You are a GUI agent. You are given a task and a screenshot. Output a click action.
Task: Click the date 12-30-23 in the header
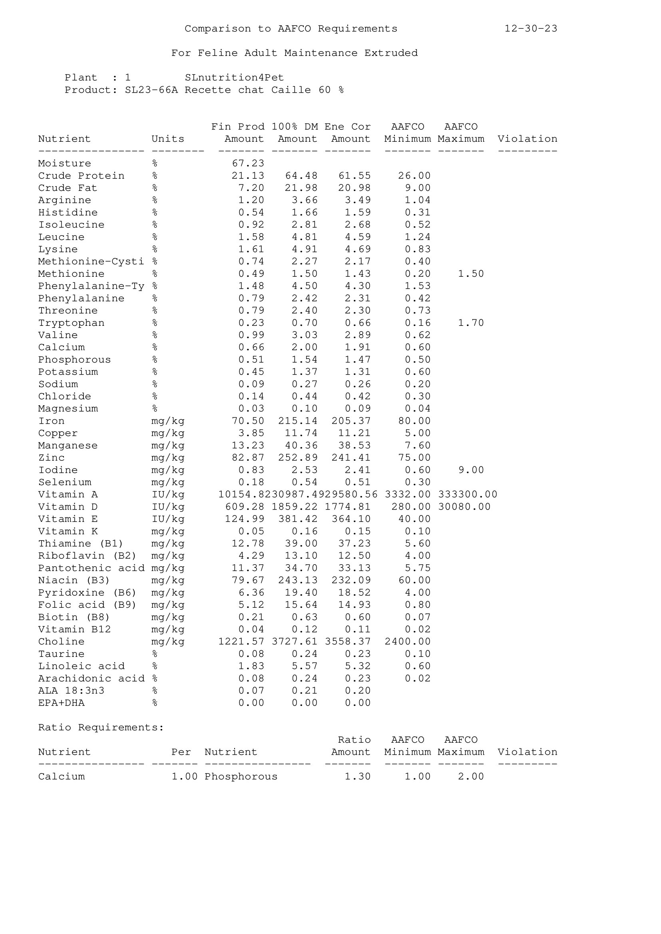click(531, 28)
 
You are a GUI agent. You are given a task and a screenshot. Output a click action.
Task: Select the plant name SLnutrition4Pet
click(234, 78)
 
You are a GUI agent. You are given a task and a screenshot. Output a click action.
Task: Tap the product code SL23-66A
click(151, 90)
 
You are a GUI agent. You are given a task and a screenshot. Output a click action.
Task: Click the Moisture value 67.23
click(248, 164)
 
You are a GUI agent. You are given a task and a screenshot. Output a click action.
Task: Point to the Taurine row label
click(61, 654)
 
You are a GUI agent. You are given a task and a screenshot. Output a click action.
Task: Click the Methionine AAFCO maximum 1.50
click(470, 274)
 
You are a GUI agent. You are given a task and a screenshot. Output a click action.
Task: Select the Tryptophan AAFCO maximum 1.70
click(470, 323)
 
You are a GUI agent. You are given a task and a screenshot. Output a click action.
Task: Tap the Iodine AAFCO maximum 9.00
click(470, 470)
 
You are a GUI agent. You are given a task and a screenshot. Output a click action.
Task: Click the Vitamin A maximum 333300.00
click(467, 495)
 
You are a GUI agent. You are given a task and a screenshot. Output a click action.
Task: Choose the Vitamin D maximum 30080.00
click(464, 507)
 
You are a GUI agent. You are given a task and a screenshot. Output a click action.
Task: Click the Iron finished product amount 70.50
click(248, 421)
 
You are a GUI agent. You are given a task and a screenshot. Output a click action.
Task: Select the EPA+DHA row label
click(61, 703)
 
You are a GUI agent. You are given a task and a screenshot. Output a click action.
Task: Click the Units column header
click(168, 139)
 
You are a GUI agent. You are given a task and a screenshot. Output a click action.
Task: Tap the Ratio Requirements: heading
click(101, 727)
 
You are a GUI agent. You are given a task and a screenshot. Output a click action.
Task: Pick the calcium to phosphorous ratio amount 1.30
click(357, 777)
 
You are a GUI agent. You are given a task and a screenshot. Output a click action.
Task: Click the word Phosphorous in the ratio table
click(241, 777)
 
